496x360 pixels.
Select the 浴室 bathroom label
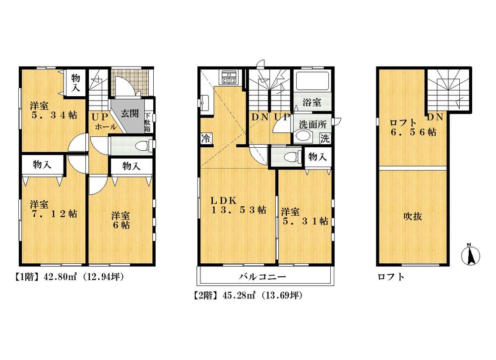tap(312, 103)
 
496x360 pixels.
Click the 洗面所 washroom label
tap(311, 123)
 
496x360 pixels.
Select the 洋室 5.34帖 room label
tap(52, 110)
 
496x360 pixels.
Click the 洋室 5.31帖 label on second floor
tap(304, 216)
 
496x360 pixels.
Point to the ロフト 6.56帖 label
tap(413, 127)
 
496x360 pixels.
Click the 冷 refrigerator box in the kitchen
tap(204, 139)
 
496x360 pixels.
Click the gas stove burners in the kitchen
tap(229, 77)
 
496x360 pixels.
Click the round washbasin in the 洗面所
tap(301, 137)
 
